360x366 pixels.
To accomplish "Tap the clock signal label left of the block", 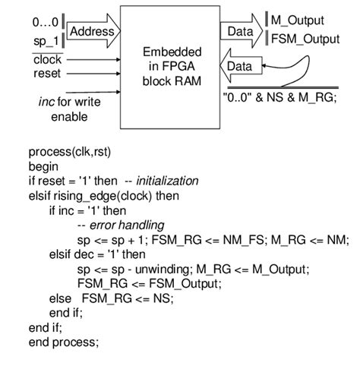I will tap(47, 59).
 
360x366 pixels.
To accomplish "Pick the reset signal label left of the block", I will tap(46, 74).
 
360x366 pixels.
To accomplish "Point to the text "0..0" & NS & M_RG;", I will tap(278, 97).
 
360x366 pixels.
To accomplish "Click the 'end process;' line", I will tap(64, 342).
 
